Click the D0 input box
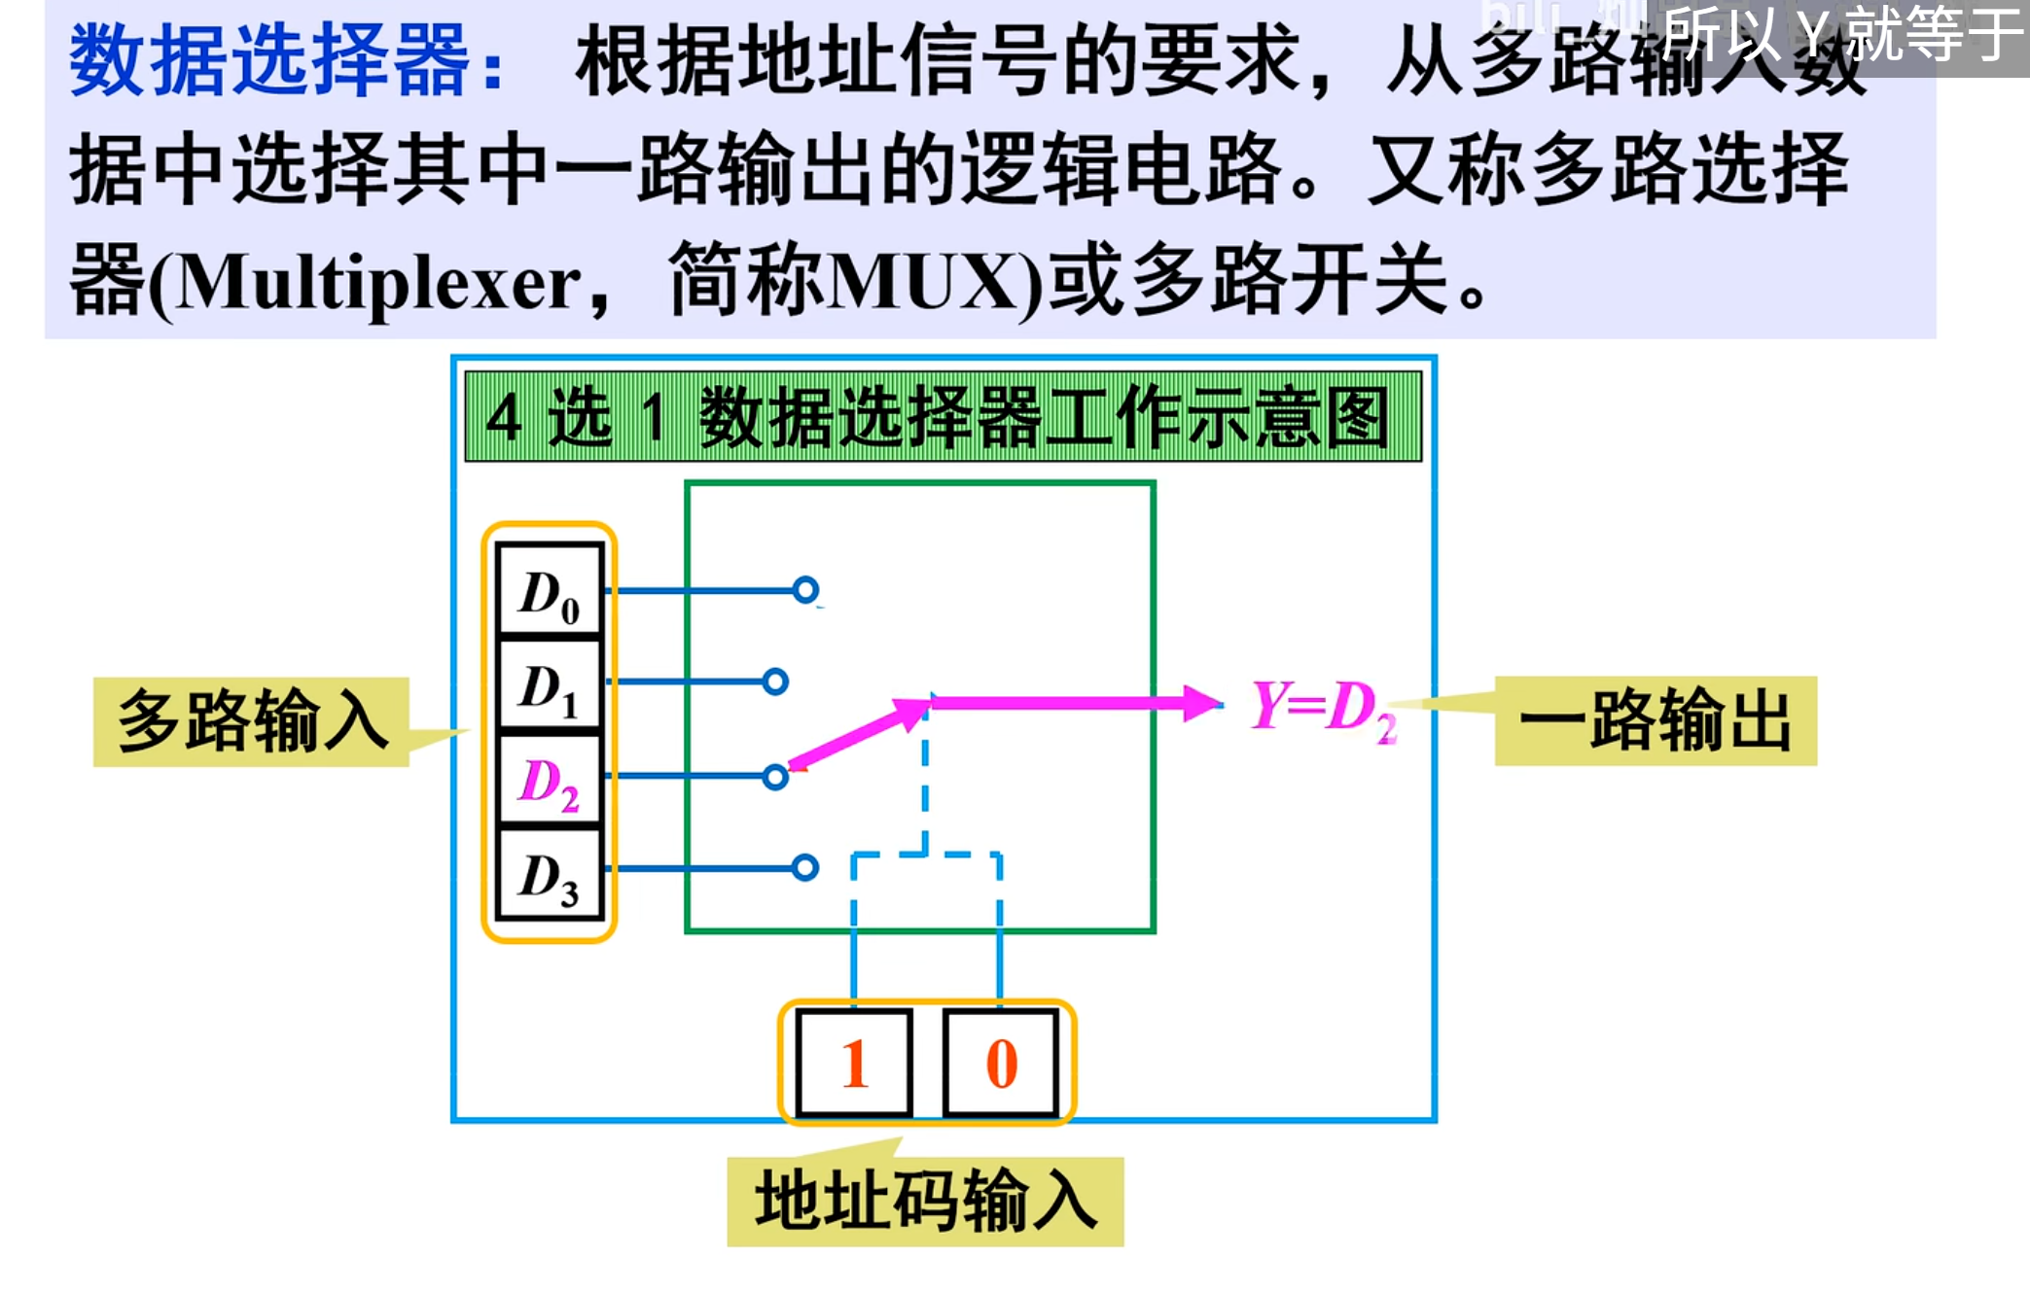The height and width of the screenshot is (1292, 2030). (x=550, y=590)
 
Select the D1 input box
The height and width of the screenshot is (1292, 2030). (x=550, y=684)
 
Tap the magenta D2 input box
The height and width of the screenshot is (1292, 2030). (x=550, y=780)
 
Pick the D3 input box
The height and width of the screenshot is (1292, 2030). (x=550, y=874)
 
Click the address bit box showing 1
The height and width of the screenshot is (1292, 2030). (x=854, y=1063)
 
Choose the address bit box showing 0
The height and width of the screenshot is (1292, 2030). (x=1001, y=1063)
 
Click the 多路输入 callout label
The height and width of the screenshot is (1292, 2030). (x=251, y=721)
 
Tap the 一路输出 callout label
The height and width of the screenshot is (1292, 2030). (x=1656, y=720)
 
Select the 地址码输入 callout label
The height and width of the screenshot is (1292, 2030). (x=925, y=1202)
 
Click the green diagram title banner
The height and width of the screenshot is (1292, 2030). (x=943, y=416)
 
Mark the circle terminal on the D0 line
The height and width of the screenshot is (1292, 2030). (x=805, y=589)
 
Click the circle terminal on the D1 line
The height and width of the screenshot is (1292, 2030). (x=775, y=681)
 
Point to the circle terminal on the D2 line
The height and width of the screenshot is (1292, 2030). (x=775, y=777)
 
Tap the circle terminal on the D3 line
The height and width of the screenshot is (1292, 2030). (x=805, y=867)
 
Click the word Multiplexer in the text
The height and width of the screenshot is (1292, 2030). (x=379, y=284)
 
